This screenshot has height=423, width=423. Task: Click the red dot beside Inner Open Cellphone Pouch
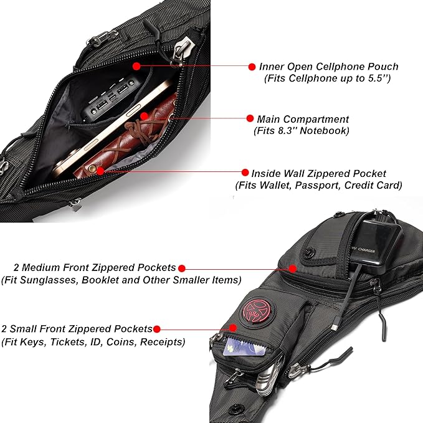(252, 67)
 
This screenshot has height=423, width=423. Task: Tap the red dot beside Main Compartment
(250, 118)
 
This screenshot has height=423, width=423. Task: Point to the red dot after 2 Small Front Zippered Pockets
(158, 329)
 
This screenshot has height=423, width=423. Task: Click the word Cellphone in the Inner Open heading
(345, 67)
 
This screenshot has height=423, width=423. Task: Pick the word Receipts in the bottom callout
(164, 341)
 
